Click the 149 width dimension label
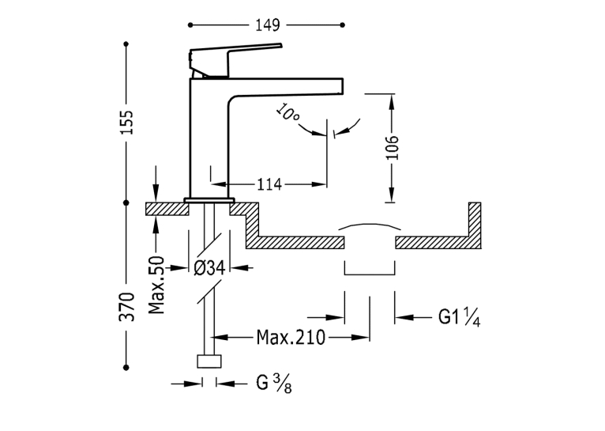coord(268,25)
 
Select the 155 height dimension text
coord(126,123)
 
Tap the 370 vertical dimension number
coord(126,307)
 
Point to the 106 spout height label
coord(392,148)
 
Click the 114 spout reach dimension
coord(269,184)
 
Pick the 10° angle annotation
coord(287,113)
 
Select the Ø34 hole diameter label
coord(209,267)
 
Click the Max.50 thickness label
coord(156,285)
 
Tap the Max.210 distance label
coord(291,338)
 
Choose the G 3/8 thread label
coord(274,384)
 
